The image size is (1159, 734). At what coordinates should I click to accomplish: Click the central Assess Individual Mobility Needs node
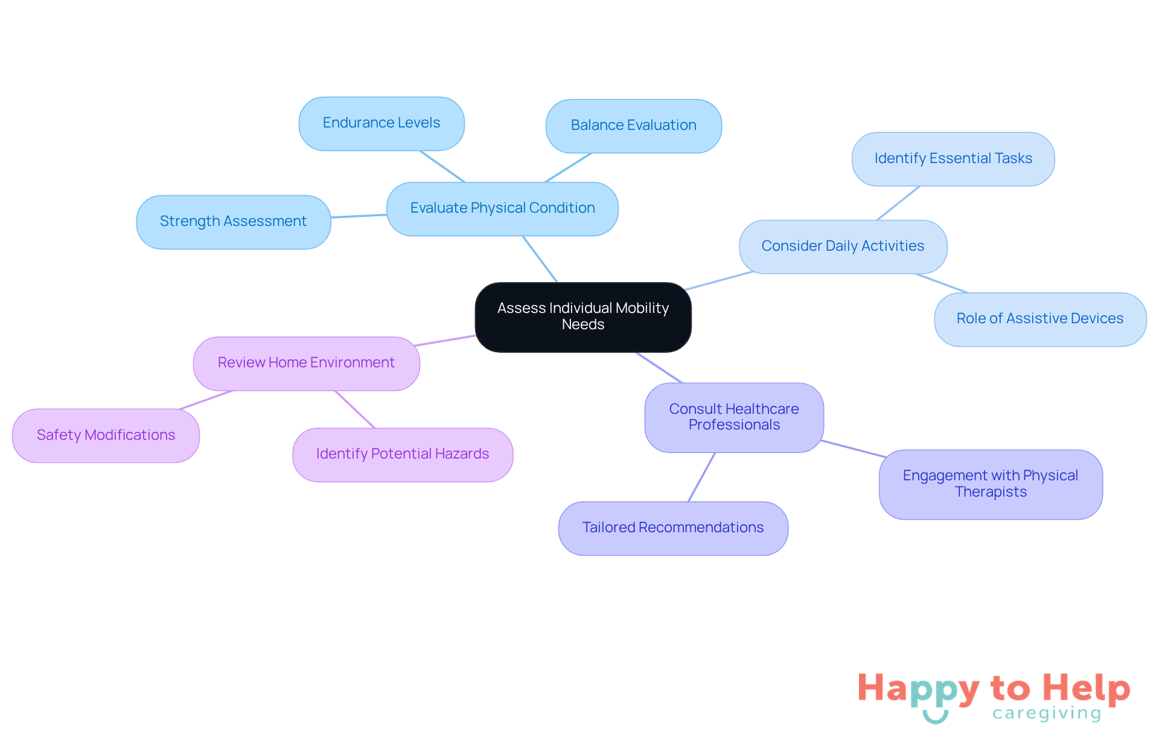point(583,317)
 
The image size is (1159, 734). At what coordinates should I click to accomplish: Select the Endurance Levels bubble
point(382,123)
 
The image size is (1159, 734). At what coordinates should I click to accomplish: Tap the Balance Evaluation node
point(634,126)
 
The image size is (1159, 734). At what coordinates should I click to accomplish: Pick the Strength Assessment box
point(234,222)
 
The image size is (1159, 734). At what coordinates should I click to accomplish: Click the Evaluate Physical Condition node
point(502,208)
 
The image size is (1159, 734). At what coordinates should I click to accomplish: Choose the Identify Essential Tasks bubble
point(953,159)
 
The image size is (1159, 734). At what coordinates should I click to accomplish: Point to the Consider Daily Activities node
point(843,246)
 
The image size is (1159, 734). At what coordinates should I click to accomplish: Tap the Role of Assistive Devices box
point(1040,319)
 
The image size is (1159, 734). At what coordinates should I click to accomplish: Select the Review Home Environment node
point(307,363)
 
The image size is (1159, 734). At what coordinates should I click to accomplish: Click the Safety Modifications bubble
point(106,436)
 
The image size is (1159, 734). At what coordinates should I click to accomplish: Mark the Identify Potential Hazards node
point(403,454)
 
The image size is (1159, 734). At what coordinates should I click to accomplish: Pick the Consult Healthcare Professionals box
point(734,417)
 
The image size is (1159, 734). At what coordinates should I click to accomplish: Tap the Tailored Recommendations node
point(673,528)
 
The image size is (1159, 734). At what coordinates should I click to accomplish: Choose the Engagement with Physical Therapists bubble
point(991,484)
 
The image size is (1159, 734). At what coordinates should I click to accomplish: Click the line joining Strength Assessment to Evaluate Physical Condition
point(359,216)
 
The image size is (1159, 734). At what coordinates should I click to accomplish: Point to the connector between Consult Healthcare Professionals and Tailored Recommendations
point(701,477)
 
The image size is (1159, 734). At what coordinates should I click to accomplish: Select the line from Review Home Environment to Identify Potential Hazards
point(355,409)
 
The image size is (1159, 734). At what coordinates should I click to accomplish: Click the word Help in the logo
point(1086,688)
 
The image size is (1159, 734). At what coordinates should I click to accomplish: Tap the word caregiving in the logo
point(1047,713)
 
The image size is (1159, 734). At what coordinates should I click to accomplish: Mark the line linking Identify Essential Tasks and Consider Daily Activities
point(898,203)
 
